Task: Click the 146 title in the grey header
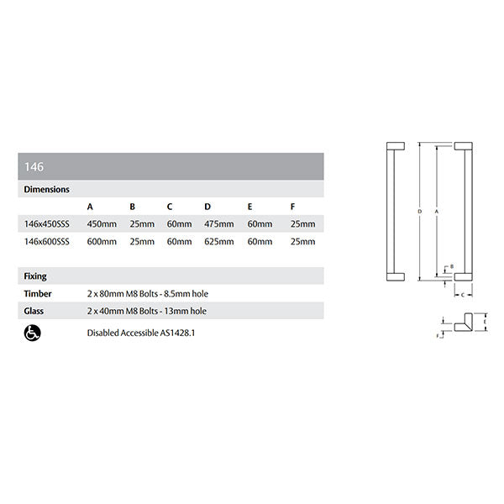point(34,167)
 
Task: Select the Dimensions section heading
point(46,190)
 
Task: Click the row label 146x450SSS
point(47,223)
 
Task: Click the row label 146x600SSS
point(47,242)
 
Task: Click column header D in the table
point(207,207)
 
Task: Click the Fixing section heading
point(35,276)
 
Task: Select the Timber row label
point(38,294)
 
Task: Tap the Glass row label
point(34,312)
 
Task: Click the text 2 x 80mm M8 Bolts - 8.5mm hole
point(147,294)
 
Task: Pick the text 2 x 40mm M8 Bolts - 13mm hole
point(146,312)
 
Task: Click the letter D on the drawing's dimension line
point(419,212)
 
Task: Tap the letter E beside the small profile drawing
point(485,321)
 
